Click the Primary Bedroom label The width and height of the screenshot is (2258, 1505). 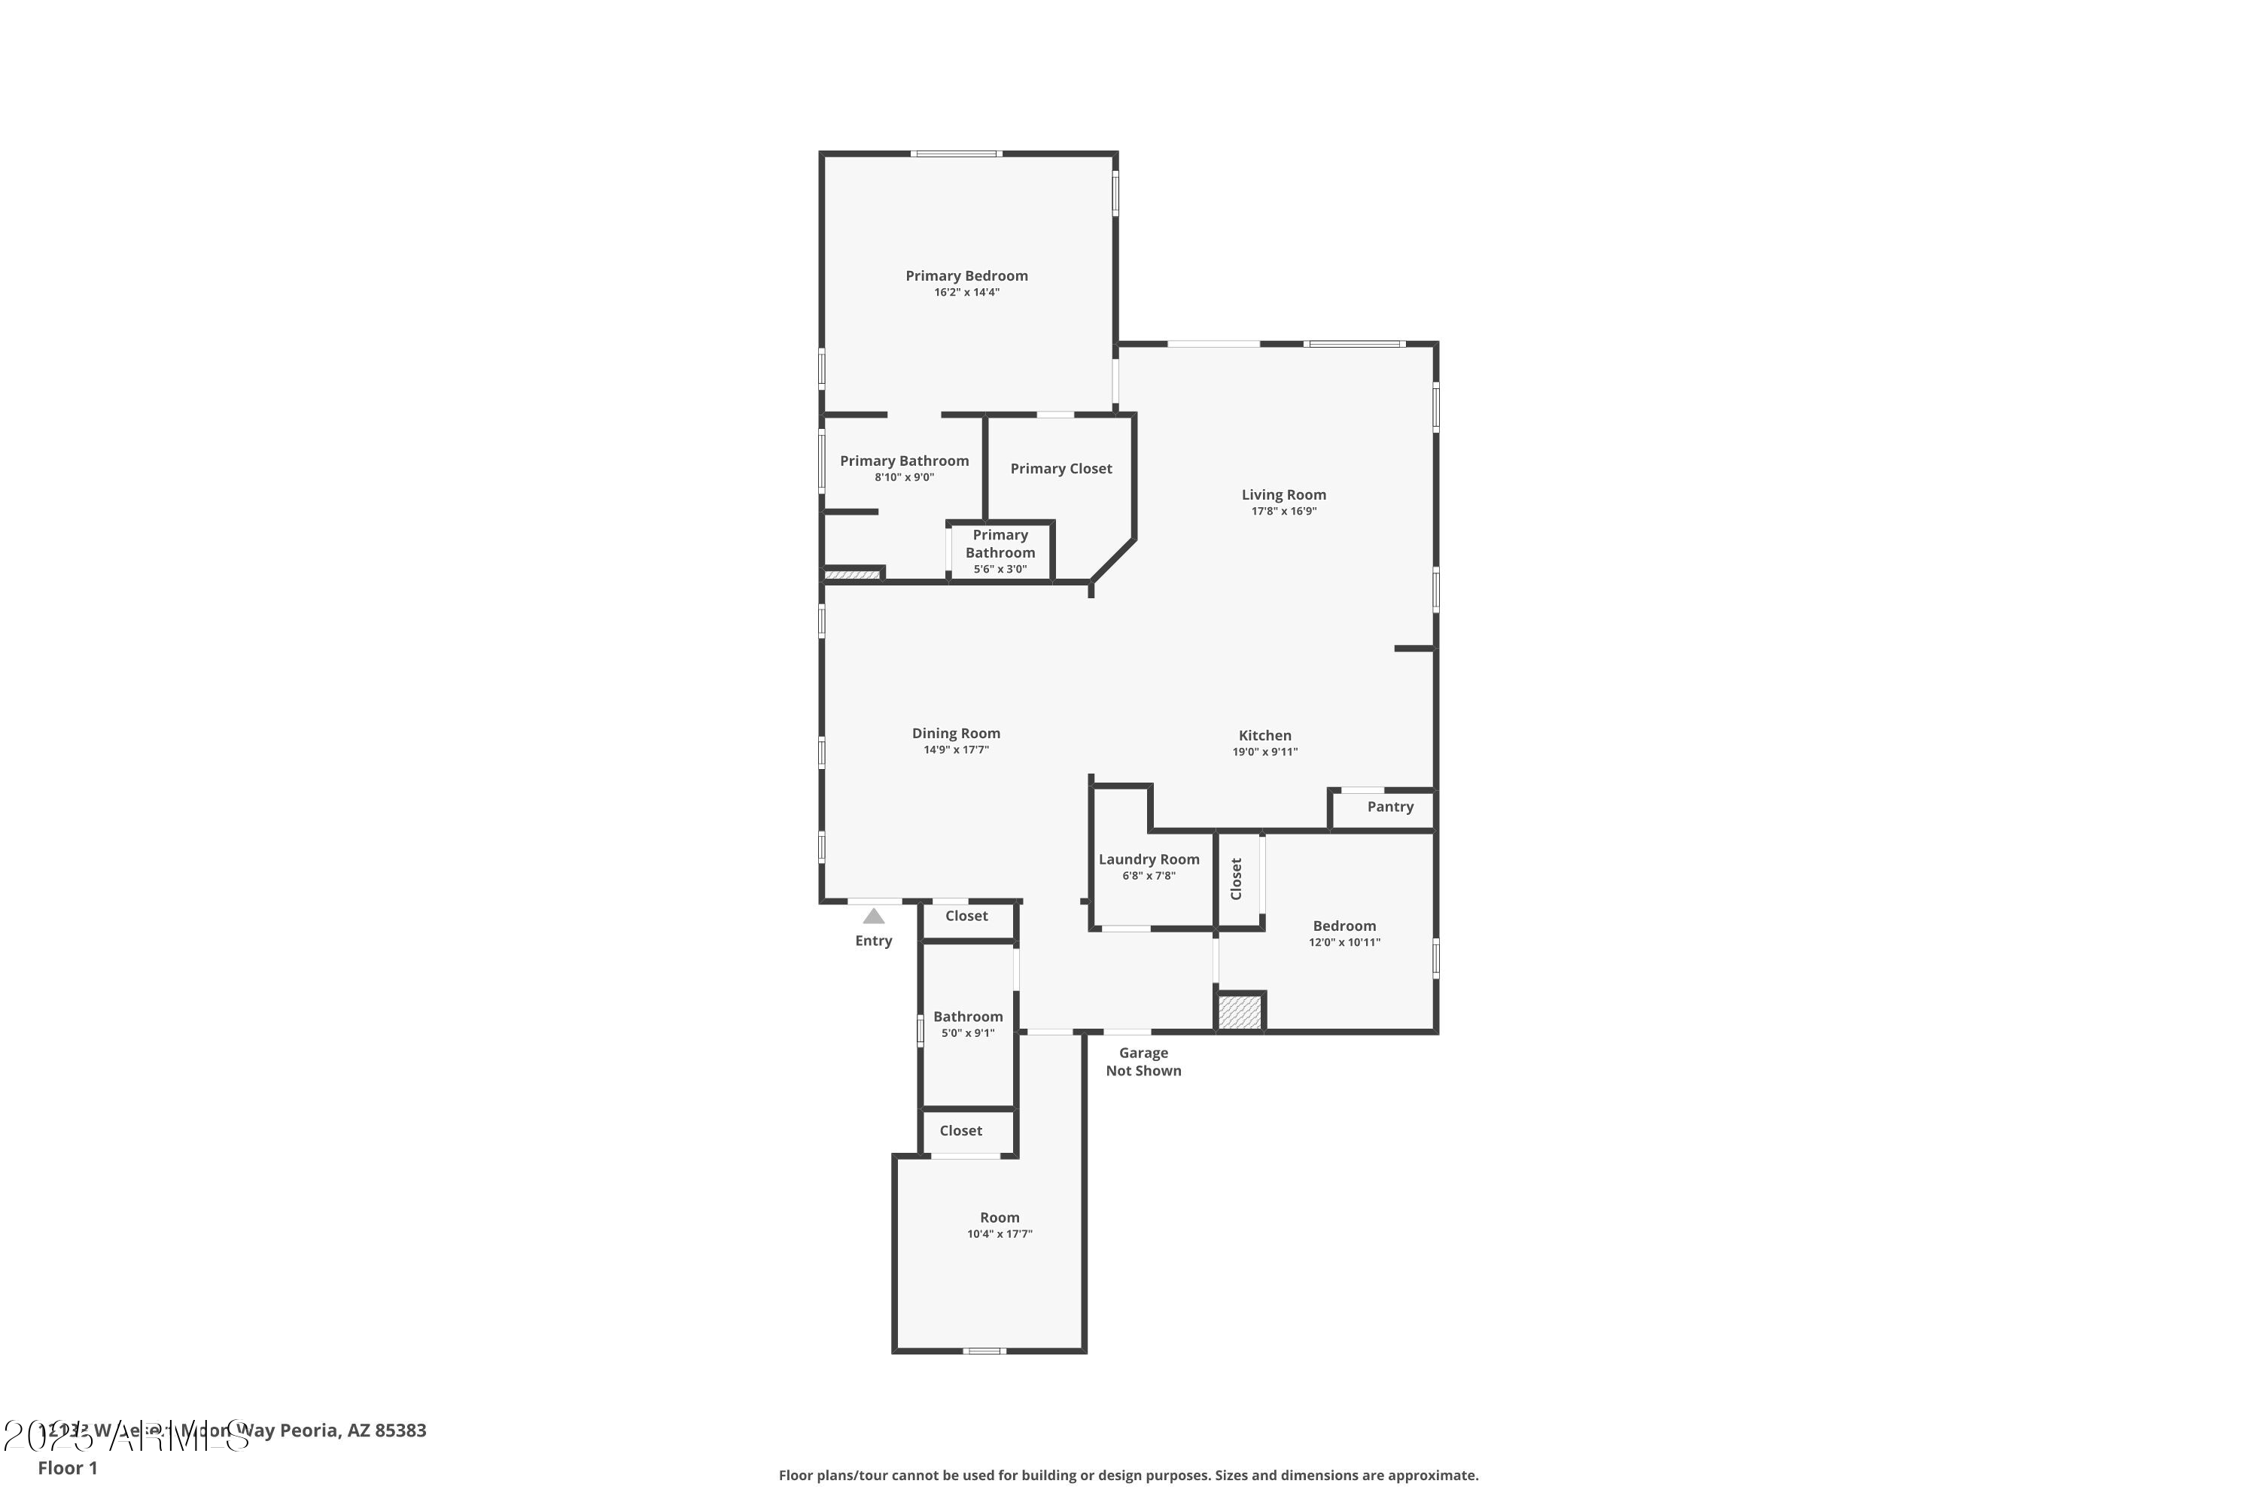click(966, 275)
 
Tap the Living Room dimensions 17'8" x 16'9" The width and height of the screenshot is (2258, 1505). click(1283, 512)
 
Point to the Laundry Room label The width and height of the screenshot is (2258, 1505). click(1149, 859)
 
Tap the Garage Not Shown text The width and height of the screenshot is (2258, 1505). click(1143, 1062)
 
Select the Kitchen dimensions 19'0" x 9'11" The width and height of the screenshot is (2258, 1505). click(1264, 752)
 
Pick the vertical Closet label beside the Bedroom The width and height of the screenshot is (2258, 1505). click(1236, 878)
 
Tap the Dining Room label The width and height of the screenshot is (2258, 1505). click(955, 733)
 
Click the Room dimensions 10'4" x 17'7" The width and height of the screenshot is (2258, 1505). click(999, 1234)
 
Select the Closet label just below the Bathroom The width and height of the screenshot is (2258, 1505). click(960, 1131)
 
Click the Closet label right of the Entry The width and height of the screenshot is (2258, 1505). click(966, 916)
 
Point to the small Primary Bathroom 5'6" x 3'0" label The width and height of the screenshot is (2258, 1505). click(1000, 552)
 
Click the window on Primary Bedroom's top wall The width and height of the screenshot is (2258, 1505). click(955, 154)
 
